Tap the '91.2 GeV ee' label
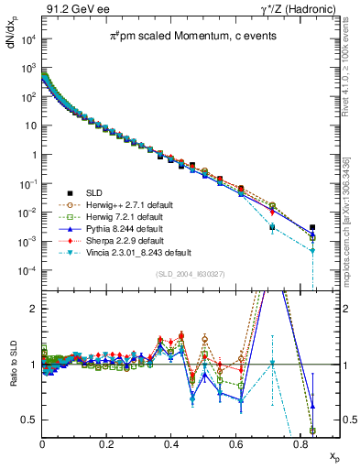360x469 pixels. [x=70, y=8]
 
